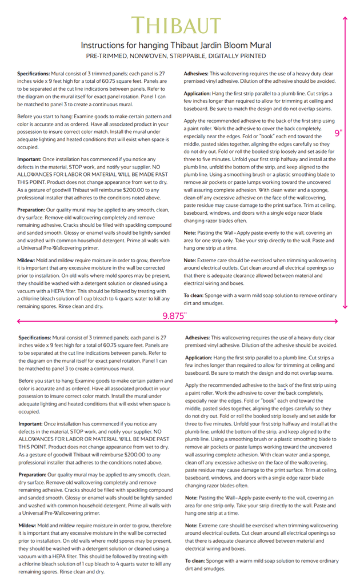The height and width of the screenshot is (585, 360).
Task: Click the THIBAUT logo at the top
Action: pyautogui.click(x=175, y=26)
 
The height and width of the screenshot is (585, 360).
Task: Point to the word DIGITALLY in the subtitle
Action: pyautogui.click(x=217, y=56)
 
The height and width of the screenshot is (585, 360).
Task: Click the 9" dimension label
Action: pyautogui.click(x=338, y=133)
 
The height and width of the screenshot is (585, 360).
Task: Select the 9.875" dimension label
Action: pyautogui.click(x=175, y=315)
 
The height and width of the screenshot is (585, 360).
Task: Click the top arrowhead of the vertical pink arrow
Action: pyautogui.click(x=345, y=19)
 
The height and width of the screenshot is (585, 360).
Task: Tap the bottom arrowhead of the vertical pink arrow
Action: pyautogui.click(x=345, y=307)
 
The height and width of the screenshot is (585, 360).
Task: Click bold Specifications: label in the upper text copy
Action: pyautogui.click(x=34, y=74)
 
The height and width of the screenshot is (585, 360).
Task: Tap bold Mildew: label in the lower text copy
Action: pyautogui.click(x=27, y=525)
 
